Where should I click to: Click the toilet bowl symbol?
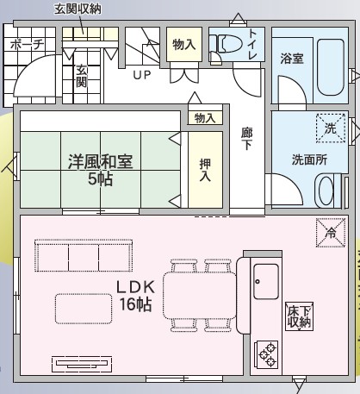tap(226, 44)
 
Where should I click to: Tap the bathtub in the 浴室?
tap(331, 68)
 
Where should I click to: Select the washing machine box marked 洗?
tap(331, 128)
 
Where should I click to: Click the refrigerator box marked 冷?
tap(331, 233)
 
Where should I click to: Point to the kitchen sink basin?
tap(266, 282)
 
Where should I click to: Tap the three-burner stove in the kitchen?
tap(267, 354)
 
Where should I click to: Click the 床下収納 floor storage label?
tap(299, 316)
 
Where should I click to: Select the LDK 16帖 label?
tap(135, 296)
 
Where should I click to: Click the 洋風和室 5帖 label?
tap(100, 170)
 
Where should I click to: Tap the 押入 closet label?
tap(205, 170)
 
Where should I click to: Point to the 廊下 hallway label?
tap(246, 139)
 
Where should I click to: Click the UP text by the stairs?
tap(142, 75)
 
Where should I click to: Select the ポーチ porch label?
tap(28, 45)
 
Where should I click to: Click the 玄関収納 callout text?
tap(78, 9)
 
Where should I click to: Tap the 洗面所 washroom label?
tap(309, 159)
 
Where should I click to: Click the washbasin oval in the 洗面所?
tap(326, 191)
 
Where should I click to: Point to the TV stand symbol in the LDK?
tap(82, 364)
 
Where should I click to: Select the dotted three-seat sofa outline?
tap(84, 255)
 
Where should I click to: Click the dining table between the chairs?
tap(200, 296)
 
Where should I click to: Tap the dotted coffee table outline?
tap(84, 309)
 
